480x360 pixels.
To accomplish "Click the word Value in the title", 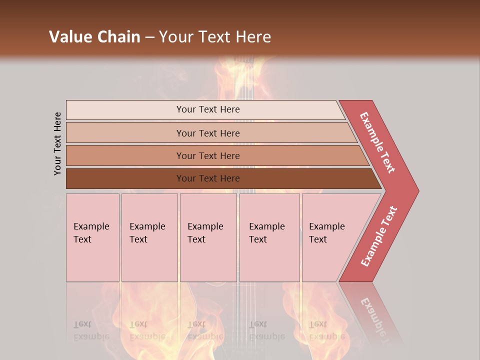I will [69, 37].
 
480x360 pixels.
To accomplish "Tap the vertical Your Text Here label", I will [57, 143].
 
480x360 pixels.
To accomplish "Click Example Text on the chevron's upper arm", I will [377, 142].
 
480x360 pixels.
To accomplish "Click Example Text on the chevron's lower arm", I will [379, 236].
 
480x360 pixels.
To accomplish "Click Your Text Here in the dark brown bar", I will [208, 178].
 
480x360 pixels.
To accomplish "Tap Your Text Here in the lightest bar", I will [208, 109].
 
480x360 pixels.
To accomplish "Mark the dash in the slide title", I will [149, 37].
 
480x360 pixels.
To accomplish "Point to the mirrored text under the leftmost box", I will [91, 330].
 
